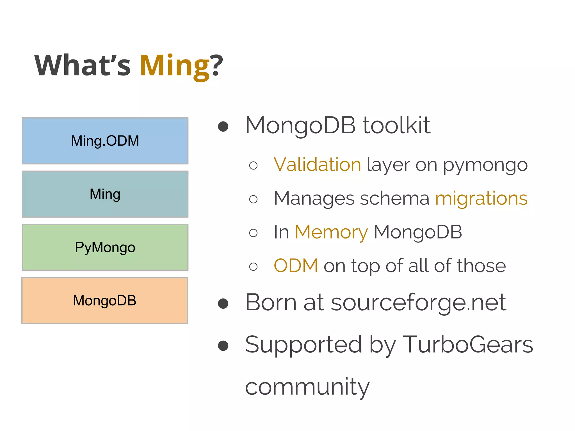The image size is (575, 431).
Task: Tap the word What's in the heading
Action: [x=82, y=65]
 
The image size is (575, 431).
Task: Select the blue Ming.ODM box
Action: [x=105, y=141]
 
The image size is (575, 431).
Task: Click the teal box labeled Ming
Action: [x=105, y=194]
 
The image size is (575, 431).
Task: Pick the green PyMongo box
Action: [x=105, y=247]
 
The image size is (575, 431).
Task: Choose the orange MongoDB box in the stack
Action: [x=105, y=301]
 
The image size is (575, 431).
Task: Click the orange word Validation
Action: [x=317, y=164]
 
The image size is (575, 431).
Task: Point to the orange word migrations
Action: [x=481, y=198]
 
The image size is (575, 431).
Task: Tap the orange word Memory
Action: [x=331, y=232]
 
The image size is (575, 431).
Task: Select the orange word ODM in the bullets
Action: [x=296, y=266]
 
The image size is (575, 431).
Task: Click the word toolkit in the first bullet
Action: [x=396, y=125]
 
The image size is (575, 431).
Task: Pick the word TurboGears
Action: [x=468, y=345]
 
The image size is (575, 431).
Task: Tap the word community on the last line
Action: [x=307, y=387]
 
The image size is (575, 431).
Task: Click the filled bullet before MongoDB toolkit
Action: [x=223, y=126]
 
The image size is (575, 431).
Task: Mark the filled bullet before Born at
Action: [x=223, y=304]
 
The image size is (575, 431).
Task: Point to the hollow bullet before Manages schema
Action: [x=253, y=199]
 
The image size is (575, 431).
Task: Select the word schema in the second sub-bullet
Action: [x=394, y=198]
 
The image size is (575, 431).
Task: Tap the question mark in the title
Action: [x=217, y=65]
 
